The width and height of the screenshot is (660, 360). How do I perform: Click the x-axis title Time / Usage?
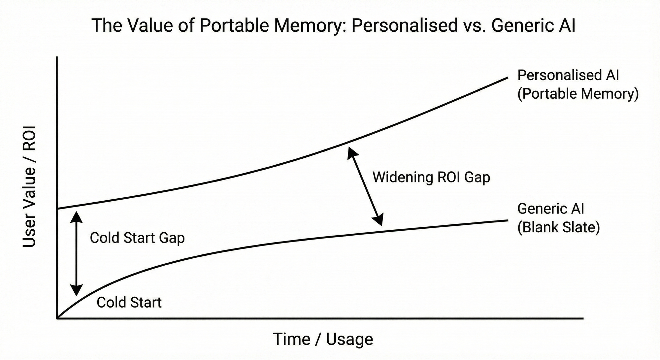coord(323,339)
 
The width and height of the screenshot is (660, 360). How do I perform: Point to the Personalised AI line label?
coord(568,75)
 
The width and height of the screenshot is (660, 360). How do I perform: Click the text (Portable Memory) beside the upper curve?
coord(578,94)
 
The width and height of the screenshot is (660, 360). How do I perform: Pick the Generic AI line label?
coord(550,209)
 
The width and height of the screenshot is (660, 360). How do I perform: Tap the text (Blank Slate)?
coord(558,227)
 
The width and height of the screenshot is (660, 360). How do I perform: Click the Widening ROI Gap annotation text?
coord(431,177)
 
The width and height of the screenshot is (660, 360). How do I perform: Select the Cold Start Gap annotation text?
coord(137,238)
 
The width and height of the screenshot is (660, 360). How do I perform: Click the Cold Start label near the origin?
coord(129,302)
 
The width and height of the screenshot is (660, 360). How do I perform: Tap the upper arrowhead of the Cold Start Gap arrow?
coord(77,215)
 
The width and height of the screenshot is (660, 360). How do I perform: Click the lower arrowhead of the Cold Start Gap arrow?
coord(77,291)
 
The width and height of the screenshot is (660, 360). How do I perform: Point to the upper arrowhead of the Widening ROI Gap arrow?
coord(351,152)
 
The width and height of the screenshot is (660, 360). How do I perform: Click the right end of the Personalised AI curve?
coord(507,78)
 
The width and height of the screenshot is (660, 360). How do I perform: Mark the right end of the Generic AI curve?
coord(507,220)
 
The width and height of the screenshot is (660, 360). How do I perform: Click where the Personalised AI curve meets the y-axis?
coord(57,209)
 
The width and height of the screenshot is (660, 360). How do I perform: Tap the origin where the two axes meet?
coord(57,318)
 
